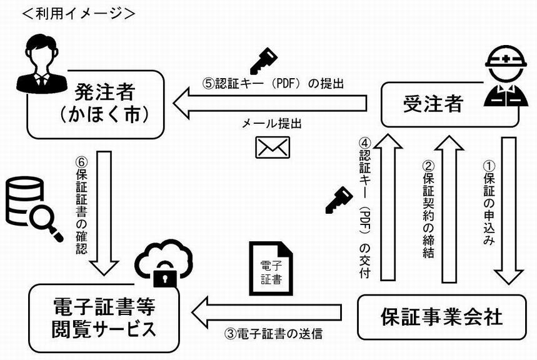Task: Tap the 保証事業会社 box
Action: [x=441, y=317]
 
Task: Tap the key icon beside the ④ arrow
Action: [x=338, y=198]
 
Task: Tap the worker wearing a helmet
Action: [x=506, y=79]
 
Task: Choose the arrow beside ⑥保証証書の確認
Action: [x=104, y=209]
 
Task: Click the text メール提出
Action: [x=272, y=124]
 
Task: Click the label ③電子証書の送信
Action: [x=273, y=334]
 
